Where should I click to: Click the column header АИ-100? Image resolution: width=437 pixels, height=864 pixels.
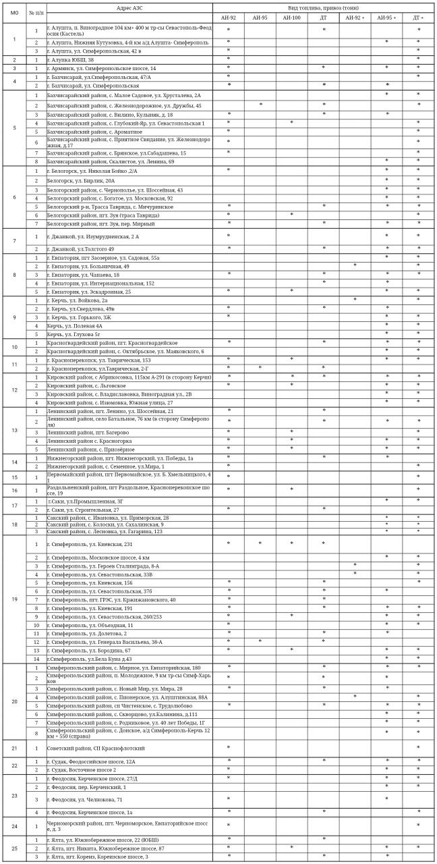(x=291, y=17)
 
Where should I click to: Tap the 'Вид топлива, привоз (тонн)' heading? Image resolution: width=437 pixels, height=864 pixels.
(x=324, y=7)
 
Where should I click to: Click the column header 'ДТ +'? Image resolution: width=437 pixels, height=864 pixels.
(x=418, y=17)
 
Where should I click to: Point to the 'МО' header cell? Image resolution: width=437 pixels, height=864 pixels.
(x=14, y=13)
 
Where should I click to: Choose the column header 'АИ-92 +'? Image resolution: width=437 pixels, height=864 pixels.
(x=355, y=17)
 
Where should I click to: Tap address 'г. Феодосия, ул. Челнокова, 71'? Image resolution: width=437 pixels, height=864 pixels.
(x=84, y=799)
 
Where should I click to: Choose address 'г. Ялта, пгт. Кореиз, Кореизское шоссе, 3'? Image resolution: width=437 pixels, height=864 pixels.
(x=98, y=857)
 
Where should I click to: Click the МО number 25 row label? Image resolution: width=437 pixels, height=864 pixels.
(x=14, y=848)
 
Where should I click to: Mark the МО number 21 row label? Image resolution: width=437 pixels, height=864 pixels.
(x=14, y=748)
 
